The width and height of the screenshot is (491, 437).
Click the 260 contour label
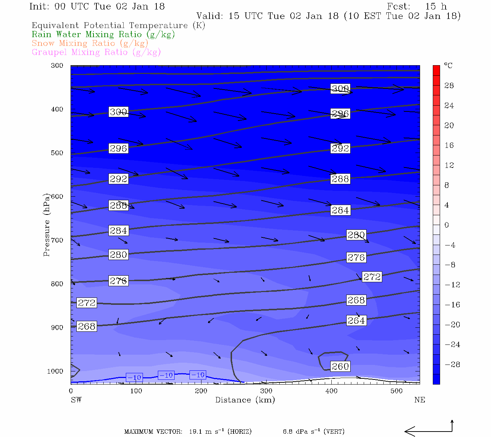(x=340, y=366)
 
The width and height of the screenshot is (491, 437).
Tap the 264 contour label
(x=356, y=320)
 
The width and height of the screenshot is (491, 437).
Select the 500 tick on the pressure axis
(x=57, y=153)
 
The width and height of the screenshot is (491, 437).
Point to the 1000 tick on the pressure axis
(x=55, y=371)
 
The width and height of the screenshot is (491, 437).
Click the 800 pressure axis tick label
(x=57, y=284)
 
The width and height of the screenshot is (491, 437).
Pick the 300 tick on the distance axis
(x=266, y=391)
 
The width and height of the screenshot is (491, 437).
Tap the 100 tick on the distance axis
(x=136, y=391)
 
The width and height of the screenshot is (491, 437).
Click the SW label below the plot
(x=76, y=400)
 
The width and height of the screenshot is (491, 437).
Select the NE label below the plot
(x=419, y=400)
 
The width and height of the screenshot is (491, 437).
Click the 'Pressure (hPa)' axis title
(x=47, y=224)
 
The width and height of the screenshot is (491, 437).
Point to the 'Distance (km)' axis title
(x=245, y=400)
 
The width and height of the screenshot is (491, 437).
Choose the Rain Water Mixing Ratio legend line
(x=103, y=35)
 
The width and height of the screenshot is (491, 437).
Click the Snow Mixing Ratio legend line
(x=90, y=43)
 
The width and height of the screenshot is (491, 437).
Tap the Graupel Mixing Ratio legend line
(x=96, y=52)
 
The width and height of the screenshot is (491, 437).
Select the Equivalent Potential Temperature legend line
(x=118, y=25)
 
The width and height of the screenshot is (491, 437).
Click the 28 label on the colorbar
(x=449, y=86)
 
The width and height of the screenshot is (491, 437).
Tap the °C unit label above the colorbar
(x=448, y=66)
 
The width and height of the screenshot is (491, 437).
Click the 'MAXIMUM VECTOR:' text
(x=153, y=432)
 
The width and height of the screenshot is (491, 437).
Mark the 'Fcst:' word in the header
(x=399, y=7)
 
